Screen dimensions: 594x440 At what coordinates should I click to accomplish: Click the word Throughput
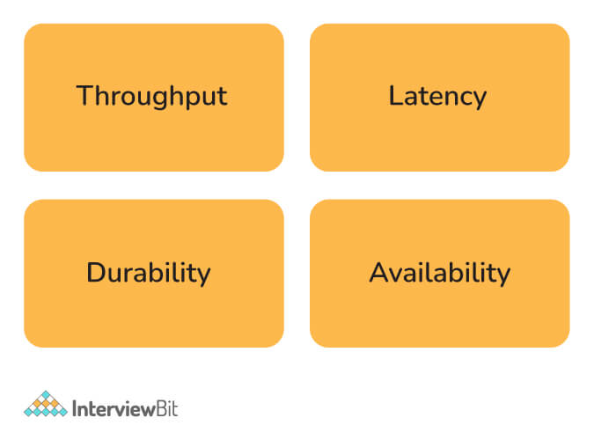(x=151, y=97)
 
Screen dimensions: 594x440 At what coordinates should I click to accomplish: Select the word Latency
(x=437, y=97)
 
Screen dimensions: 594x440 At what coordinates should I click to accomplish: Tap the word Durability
(x=149, y=273)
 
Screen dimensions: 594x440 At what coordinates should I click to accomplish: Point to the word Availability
(x=440, y=273)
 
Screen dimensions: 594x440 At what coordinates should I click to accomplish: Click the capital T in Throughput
(x=84, y=95)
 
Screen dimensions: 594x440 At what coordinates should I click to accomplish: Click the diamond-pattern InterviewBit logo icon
(x=46, y=404)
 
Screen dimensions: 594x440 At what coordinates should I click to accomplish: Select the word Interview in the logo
(x=113, y=409)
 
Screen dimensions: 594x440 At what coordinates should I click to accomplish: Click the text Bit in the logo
(x=166, y=409)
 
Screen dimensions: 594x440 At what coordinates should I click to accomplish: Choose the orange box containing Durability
(x=154, y=274)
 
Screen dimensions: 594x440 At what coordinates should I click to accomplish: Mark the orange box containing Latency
(x=439, y=98)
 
